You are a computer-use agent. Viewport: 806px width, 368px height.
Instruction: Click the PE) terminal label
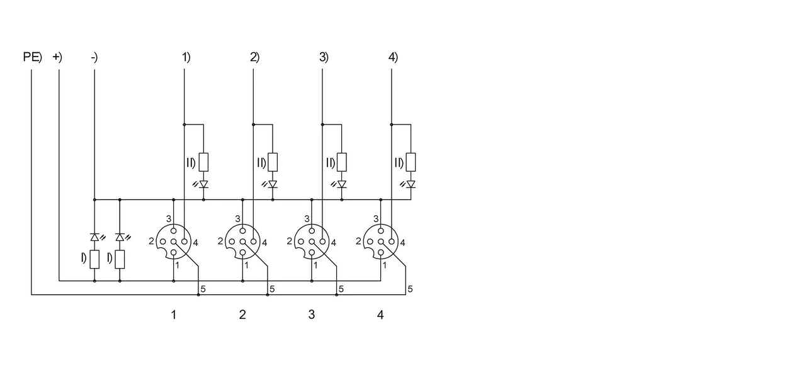(32, 57)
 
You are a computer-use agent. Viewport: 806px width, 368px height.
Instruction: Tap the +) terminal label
(57, 57)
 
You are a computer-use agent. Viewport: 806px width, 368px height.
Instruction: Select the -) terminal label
(94, 57)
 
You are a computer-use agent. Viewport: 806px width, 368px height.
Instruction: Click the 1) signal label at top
(186, 57)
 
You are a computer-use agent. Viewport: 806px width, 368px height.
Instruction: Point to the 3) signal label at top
(324, 57)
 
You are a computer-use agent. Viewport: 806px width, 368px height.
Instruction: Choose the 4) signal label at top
(393, 57)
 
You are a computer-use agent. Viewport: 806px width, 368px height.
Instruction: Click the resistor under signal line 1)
(203, 162)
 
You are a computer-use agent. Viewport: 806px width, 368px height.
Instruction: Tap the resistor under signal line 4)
(411, 162)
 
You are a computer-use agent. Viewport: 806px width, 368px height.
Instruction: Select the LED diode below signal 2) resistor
(273, 184)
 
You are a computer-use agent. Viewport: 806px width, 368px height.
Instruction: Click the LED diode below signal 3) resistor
(342, 184)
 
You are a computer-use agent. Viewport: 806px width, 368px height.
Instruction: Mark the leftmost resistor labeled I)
(94, 259)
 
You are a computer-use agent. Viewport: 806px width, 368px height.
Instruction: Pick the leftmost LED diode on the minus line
(94, 237)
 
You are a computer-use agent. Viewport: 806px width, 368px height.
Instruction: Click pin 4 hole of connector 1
(184, 242)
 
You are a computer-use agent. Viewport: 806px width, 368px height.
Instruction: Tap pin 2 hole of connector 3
(301, 242)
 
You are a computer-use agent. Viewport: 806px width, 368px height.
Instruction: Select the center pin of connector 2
(242, 242)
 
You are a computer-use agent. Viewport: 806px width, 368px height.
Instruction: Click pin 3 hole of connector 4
(381, 231)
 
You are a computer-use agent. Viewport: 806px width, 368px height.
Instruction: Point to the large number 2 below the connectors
(242, 315)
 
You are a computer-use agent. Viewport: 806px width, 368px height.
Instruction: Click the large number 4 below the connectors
(380, 315)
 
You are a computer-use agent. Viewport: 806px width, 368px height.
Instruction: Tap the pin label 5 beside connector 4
(410, 289)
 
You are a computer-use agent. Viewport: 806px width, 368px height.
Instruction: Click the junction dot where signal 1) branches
(184, 125)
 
